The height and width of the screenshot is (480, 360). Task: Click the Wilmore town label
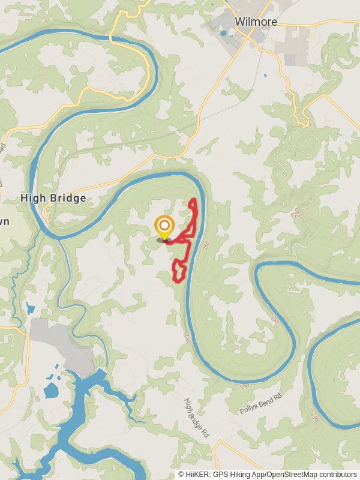pyautogui.click(x=256, y=22)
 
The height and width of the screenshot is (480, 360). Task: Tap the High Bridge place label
pyautogui.click(x=53, y=197)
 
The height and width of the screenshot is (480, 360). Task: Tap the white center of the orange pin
pyautogui.click(x=164, y=226)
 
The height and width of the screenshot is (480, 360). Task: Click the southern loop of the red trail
pyautogui.click(x=178, y=271)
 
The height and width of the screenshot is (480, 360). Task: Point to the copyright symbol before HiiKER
pyautogui.click(x=181, y=475)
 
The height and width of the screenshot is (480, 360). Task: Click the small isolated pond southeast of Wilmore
pyautogui.click(x=265, y=75)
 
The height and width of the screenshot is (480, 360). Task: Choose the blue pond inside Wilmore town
pyautogui.click(x=224, y=33)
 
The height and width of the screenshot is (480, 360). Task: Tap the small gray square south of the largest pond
pyautogui.click(x=38, y=398)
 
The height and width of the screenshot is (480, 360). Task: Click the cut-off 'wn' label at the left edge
pyautogui.click(x=5, y=221)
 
